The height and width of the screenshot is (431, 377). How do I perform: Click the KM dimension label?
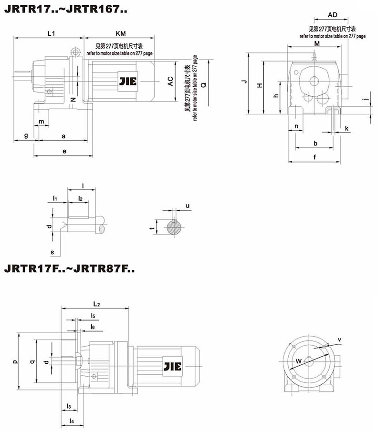click(121, 33)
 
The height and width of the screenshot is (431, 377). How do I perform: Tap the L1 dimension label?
click(52, 33)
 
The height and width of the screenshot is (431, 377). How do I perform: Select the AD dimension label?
click(333, 15)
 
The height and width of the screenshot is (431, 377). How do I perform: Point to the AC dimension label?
click(171, 82)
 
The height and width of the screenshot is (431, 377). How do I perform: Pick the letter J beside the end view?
click(244, 82)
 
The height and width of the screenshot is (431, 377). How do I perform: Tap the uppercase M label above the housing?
click(317, 43)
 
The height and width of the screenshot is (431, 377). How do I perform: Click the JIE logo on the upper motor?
click(128, 82)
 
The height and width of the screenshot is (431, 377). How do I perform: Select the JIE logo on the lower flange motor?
click(173, 367)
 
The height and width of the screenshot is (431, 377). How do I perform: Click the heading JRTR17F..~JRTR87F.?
click(69, 268)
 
